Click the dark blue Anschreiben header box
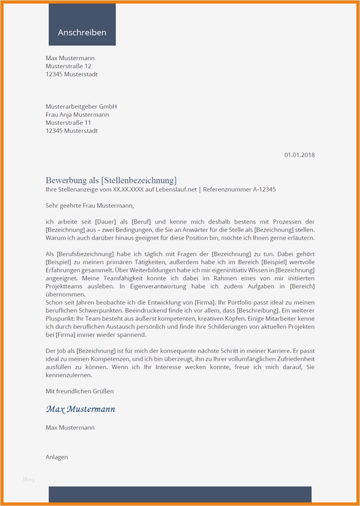pos(82,25)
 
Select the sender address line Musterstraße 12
pos(68,66)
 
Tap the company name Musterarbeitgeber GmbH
pos(81,106)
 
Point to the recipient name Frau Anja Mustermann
pos(77,115)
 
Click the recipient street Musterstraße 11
pos(68,123)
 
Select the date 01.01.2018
pos(299,155)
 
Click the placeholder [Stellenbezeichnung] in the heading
pos(139,180)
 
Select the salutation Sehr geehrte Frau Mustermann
pos(89,206)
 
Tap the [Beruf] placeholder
pos(142,221)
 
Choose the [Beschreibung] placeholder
pos(259,310)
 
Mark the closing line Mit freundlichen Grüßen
pos(79,391)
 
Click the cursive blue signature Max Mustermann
pos(81,409)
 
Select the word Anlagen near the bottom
pos(56,457)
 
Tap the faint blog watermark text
pos(29,480)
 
